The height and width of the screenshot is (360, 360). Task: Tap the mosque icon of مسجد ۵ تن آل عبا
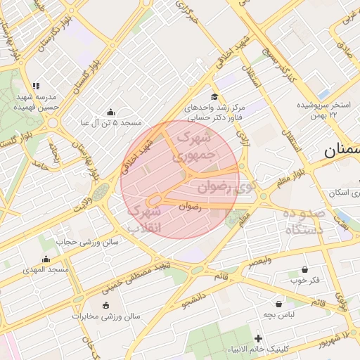(110, 112)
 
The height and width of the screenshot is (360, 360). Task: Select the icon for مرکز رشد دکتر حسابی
(214, 97)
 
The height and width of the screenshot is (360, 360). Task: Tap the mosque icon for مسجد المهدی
(46, 259)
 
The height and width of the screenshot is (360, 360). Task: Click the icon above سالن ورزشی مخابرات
(105, 305)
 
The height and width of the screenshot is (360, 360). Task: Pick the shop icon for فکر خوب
(304, 269)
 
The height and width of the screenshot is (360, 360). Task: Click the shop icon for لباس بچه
(281, 304)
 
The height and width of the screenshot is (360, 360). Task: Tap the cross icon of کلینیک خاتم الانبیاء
(259, 339)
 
